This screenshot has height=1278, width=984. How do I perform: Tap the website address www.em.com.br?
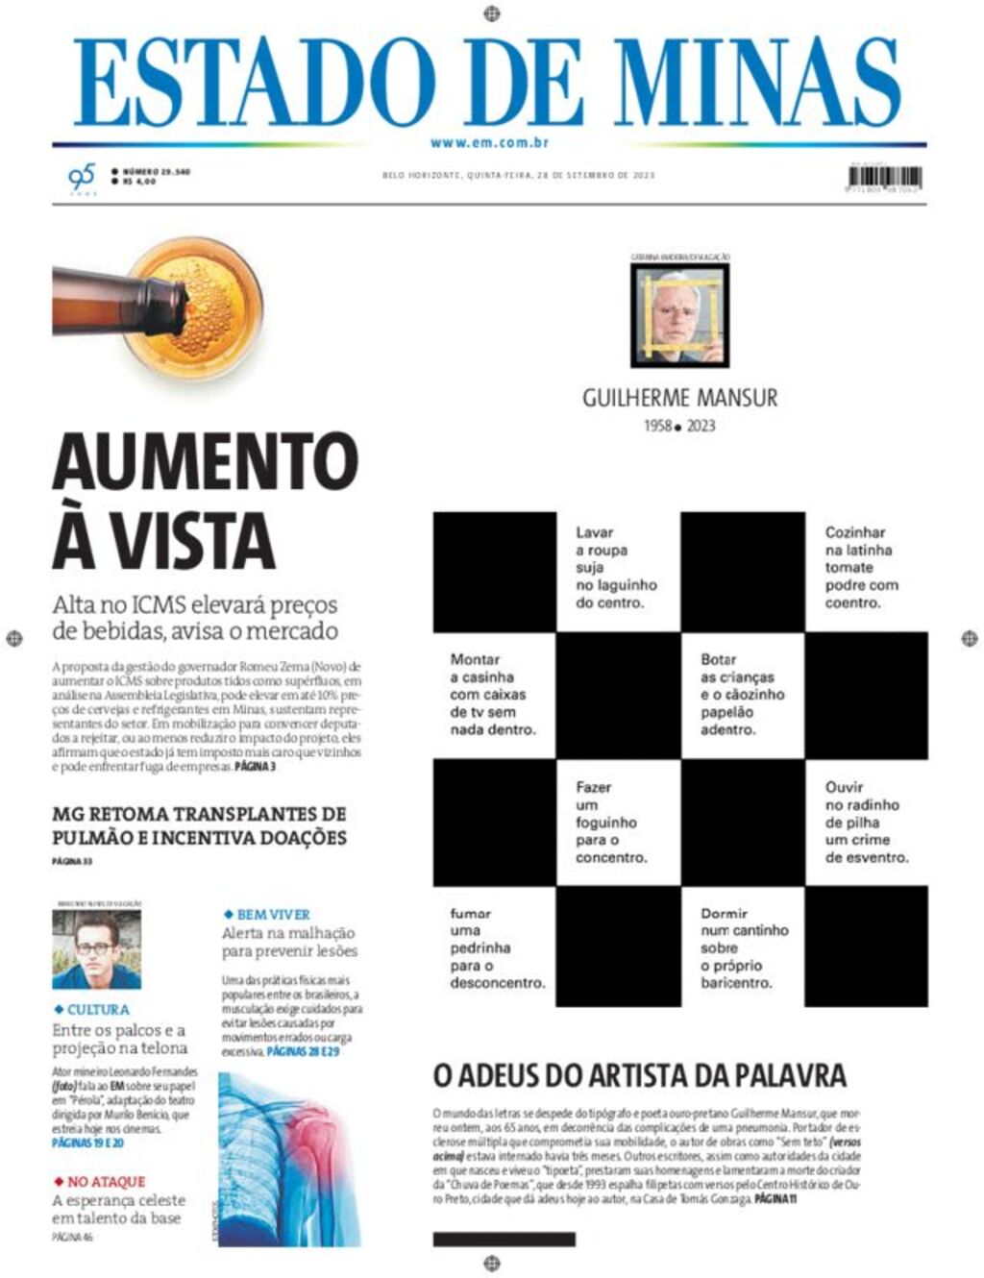tap(489, 143)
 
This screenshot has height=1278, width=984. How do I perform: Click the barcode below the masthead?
tap(885, 179)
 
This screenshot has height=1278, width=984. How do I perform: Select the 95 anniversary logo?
tap(82, 178)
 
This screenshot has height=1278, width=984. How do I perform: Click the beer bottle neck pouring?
tap(115, 301)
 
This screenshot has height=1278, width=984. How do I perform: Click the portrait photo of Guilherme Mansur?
tap(679, 315)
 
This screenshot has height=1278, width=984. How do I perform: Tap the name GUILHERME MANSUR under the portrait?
tap(679, 398)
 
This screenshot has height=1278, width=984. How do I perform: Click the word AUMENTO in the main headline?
tap(205, 462)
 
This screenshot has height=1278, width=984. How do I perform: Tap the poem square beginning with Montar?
tap(494, 695)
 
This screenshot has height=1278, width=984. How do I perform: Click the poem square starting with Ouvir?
tap(865, 822)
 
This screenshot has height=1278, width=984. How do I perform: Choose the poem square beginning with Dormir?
tap(742, 948)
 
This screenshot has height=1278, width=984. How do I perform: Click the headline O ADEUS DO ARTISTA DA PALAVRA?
tap(639, 1074)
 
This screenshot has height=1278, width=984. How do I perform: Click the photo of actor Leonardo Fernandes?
tap(96, 949)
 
